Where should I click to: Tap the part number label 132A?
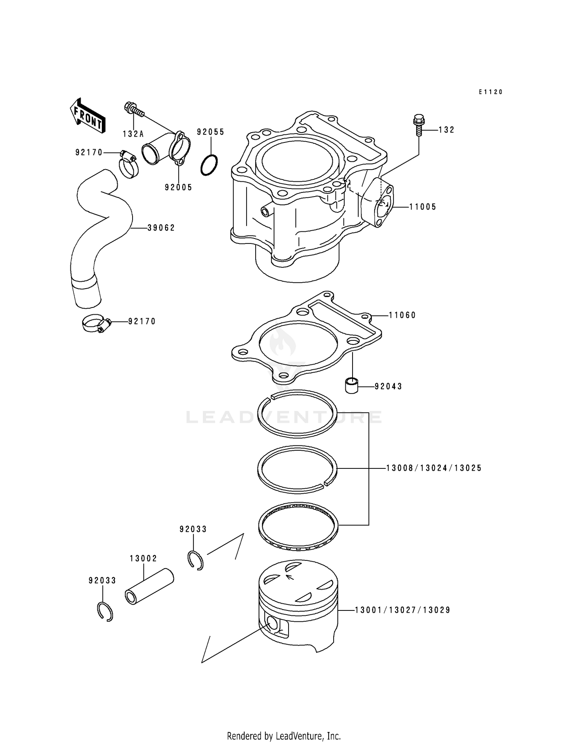tap(133, 134)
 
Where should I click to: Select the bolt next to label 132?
tap(418, 125)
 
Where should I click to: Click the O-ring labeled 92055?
tap(209, 165)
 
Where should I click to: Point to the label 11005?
tap(423, 207)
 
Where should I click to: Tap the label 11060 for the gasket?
tap(402, 315)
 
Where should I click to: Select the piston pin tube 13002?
tap(149, 587)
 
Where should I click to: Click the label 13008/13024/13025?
tap(434, 468)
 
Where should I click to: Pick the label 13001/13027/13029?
tap(403, 610)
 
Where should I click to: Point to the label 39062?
tap(161, 228)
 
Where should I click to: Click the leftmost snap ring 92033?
tap(104, 611)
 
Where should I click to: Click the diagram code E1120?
tap(490, 92)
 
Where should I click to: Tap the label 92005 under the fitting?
tap(178, 187)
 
